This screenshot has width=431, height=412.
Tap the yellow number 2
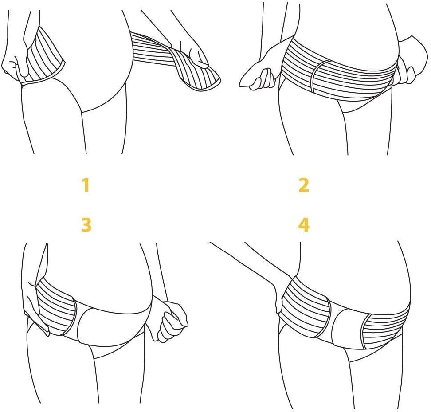(x=304, y=185)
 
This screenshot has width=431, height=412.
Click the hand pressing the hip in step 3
(x=34, y=305)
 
